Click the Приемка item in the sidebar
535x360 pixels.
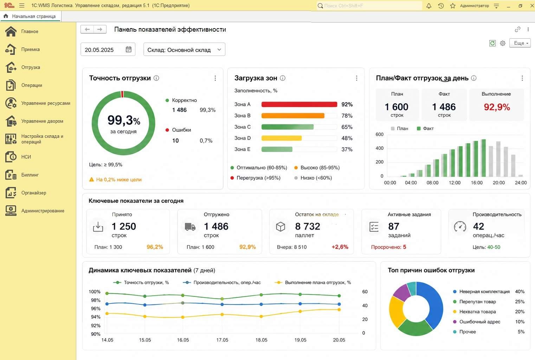(x=30, y=50)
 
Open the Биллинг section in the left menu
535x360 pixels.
(x=30, y=175)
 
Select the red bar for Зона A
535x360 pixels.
(x=299, y=104)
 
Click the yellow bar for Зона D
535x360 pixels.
(x=282, y=138)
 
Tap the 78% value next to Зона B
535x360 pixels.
(x=347, y=116)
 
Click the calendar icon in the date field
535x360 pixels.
(x=129, y=50)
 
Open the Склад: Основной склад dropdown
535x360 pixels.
(x=184, y=50)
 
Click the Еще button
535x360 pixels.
(x=520, y=43)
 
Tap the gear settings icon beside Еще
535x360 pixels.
(x=503, y=43)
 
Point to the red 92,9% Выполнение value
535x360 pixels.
(x=497, y=107)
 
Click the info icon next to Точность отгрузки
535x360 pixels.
(x=156, y=78)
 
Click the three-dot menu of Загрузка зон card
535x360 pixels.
(x=356, y=78)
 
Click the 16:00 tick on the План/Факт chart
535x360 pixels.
(x=477, y=183)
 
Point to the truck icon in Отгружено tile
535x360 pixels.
(x=190, y=227)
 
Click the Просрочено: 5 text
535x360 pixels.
(x=388, y=247)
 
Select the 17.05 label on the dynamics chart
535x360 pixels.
(x=222, y=340)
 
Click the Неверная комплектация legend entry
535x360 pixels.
(x=484, y=292)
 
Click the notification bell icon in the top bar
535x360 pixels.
(x=429, y=6)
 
